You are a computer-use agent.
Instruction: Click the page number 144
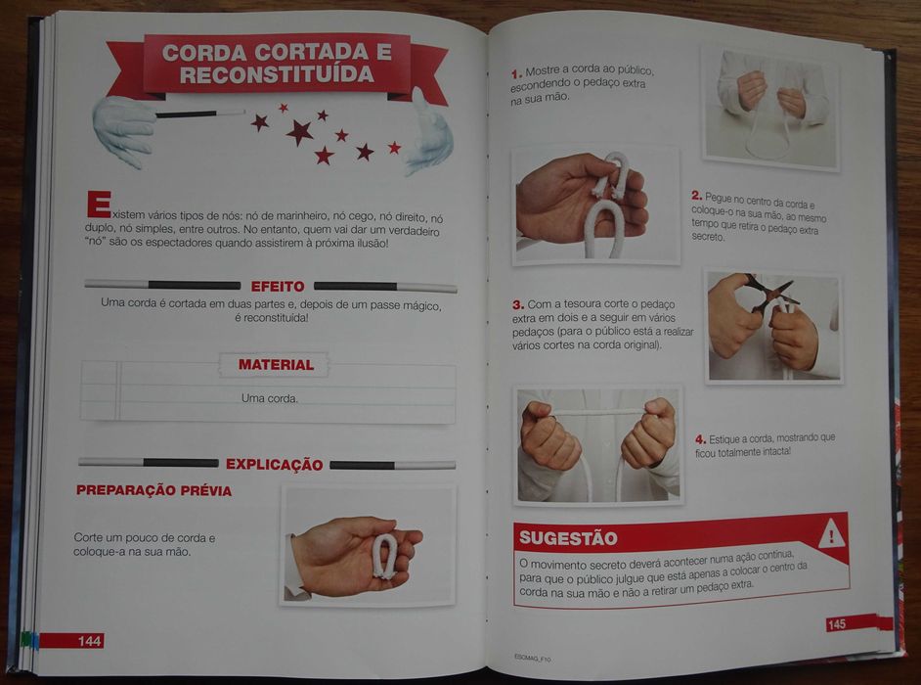tap(89, 641)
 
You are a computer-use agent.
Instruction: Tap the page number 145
tap(836, 624)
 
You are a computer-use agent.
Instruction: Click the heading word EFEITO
tap(278, 287)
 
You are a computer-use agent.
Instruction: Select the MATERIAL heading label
tap(276, 365)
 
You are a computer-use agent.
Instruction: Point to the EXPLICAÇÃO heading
tap(275, 465)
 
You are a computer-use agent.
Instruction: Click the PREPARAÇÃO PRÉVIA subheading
tap(153, 490)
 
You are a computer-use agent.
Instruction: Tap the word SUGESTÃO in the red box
tap(568, 538)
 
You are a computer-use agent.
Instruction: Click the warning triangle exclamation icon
tap(831, 534)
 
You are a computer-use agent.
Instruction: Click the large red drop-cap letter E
tap(98, 204)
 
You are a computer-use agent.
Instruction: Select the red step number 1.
tap(516, 74)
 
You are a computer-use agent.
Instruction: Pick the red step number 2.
tap(697, 195)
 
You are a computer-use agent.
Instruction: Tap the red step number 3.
tap(517, 305)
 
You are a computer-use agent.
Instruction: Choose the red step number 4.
tap(700, 439)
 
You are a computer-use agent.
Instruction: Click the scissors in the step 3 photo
tap(771, 293)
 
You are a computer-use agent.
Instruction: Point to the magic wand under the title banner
tap(199, 114)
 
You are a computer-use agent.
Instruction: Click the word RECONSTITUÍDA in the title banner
tap(277, 74)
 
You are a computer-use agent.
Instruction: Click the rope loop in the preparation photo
tap(385, 555)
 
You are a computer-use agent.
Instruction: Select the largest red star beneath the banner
tap(299, 132)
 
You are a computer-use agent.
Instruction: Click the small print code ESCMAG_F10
tap(532, 659)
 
